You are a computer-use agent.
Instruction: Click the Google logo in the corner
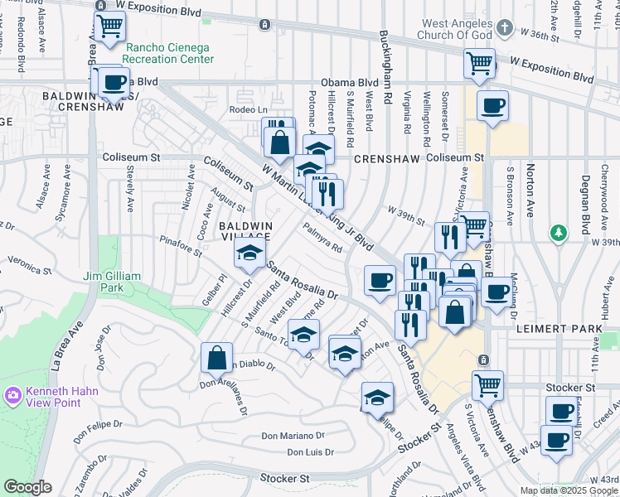[x=27, y=487]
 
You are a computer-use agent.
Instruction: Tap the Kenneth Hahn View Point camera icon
[x=12, y=396]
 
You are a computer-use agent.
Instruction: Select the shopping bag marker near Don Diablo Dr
[x=216, y=359]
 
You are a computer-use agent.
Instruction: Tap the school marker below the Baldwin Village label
[x=248, y=255]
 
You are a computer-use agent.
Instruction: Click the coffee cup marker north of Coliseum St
[x=492, y=106]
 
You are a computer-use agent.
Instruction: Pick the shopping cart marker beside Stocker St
[x=487, y=384]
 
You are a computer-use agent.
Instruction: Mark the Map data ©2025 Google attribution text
[x=569, y=490]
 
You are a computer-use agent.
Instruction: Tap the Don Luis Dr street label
[x=310, y=452]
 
